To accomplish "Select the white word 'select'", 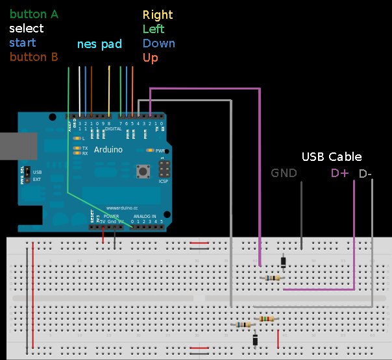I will click(x=27, y=29).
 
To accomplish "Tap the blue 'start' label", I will click(x=23, y=43).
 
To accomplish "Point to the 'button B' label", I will click(x=34, y=57).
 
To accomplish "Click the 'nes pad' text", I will click(x=99, y=44).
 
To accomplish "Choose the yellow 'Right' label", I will click(x=158, y=15).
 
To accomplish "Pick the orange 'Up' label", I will click(x=150, y=58).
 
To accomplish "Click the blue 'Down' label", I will click(x=159, y=43).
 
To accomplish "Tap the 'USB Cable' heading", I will click(x=332, y=157).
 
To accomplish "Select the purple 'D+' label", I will click(x=340, y=173).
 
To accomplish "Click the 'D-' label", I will click(x=365, y=173).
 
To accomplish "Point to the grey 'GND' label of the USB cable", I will click(x=284, y=173).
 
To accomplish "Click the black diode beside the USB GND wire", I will click(x=284, y=261).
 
